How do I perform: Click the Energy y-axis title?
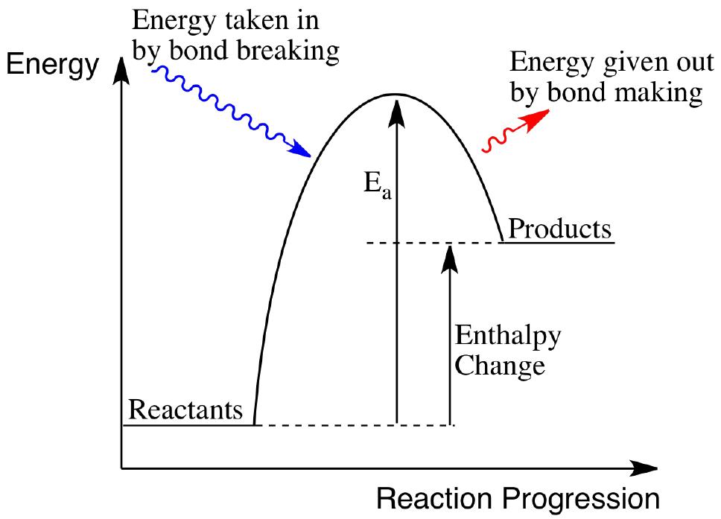click(52, 66)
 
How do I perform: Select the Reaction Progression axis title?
click(518, 500)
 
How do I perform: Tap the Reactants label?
click(185, 409)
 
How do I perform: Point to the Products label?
click(559, 228)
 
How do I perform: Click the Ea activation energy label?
click(378, 185)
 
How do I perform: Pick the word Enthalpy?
click(508, 337)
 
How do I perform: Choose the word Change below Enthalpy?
click(500, 366)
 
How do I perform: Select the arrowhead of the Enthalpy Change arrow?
click(449, 258)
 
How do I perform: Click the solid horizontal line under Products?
click(558, 242)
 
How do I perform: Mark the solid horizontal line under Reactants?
click(188, 425)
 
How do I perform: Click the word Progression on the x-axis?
click(581, 500)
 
